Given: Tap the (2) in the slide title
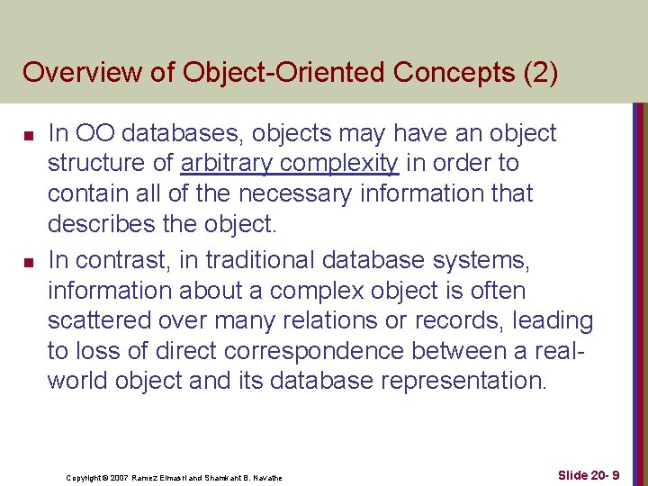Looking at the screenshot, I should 539,72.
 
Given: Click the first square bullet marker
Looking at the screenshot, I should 29,136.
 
